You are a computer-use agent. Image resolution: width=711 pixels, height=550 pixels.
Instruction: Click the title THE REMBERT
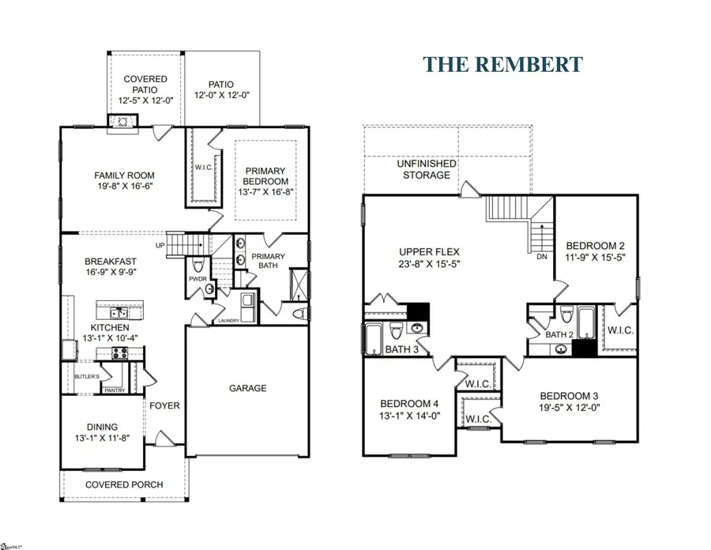coord(502,64)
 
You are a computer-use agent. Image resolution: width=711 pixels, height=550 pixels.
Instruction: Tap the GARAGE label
coord(248,388)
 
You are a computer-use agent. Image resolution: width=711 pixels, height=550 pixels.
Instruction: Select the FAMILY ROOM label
coord(124,175)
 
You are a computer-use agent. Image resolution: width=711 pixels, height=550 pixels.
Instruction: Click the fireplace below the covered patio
coord(122,121)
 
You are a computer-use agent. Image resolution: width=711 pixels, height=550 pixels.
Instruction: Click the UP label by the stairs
coord(160,245)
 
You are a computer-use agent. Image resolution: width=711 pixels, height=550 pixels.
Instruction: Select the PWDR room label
coord(197,278)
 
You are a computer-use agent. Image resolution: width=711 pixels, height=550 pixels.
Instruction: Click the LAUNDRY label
coord(228,320)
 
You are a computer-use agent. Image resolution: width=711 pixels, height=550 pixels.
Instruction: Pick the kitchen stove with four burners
coord(120,353)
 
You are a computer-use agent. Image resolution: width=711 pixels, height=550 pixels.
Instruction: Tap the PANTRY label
coord(115,390)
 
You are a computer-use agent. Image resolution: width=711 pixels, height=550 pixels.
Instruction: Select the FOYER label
coord(165,406)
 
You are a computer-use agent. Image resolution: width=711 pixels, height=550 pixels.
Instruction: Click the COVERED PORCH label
coord(124,484)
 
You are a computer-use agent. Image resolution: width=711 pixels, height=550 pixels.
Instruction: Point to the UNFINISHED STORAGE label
coord(426,169)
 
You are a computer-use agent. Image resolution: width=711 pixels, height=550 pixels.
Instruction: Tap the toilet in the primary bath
coord(299,315)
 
